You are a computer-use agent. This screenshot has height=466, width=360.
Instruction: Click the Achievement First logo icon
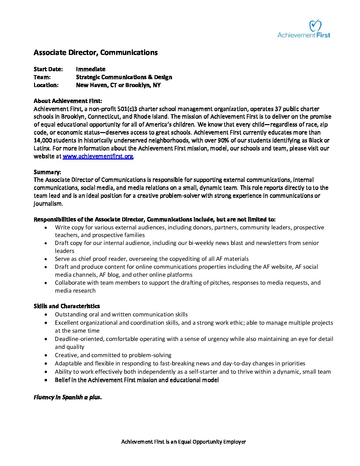315,25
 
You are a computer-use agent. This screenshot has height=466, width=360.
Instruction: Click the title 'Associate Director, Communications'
96,52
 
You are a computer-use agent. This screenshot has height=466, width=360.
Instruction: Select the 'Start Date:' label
48,69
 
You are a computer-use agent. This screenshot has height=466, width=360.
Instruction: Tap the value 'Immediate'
91,69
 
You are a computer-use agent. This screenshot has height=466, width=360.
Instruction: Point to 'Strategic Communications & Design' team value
124,77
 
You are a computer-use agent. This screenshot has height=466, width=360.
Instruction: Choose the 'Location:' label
46,85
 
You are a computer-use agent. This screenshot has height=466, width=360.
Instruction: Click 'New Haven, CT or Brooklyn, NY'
118,85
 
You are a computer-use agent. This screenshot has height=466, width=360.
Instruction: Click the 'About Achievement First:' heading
68,101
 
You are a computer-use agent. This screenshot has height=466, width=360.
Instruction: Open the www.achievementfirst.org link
98,156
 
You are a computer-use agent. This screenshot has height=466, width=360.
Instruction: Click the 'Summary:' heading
47,172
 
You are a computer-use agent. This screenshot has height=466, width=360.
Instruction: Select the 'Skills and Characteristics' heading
67,306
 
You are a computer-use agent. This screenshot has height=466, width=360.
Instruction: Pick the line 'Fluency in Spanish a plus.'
67,397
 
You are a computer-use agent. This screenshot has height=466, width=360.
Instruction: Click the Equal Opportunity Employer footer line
184,442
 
